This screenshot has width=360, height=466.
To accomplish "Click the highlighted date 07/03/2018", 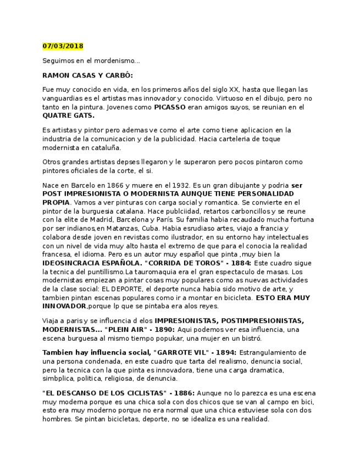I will pos(63,46).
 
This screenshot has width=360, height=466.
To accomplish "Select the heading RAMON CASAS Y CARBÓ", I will pos(87,75).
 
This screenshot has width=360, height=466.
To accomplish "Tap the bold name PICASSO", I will pos(170,107).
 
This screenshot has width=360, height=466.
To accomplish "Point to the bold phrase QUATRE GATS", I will pos(68,116).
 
